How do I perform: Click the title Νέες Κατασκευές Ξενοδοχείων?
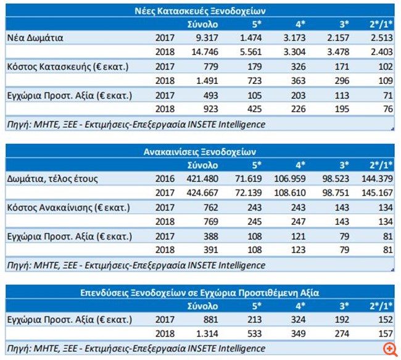[x=200, y=10]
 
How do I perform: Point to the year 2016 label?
[x=165, y=178]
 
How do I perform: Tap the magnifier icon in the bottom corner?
[x=389, y=348]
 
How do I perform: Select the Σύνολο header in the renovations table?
[x=203, y=165]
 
